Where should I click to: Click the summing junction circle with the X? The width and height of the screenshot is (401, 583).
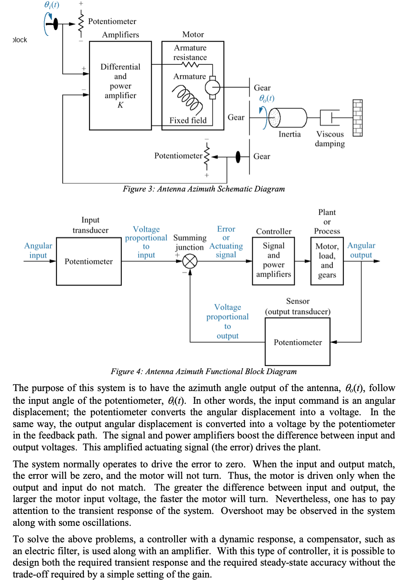pos(190,261)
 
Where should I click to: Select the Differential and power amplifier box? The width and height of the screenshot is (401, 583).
pos(120,86)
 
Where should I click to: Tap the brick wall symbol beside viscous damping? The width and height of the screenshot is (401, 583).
pos(357,118)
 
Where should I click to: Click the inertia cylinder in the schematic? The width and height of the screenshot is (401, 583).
pos(288,117)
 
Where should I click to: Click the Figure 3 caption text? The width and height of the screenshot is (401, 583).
pos(203,189)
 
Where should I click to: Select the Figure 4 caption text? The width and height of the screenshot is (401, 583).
pos(203,372)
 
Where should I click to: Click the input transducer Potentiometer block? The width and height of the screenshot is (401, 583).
pos(89,261)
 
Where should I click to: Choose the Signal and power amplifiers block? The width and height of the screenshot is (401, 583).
pos(273,261)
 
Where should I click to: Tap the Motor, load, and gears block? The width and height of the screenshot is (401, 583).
pos(327,261)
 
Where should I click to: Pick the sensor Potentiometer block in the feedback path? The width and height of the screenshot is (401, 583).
pos(298,342)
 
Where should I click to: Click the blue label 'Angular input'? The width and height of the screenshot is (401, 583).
pos(38,250)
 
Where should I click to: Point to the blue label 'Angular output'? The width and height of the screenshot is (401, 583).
pos(361,250)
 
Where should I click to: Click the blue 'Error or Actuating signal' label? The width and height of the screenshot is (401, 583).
pos(226,242)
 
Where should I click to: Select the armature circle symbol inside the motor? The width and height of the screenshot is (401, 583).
pos(212,88)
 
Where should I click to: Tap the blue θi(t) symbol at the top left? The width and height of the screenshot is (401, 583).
pos(52,5)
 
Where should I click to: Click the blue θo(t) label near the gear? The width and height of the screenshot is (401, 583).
pos(267,98)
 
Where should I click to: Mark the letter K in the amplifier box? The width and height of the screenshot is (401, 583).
pos(120,105)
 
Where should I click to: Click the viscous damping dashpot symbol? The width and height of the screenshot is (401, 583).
pos(330,117)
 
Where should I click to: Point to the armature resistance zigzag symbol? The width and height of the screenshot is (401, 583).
pos(190,65)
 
